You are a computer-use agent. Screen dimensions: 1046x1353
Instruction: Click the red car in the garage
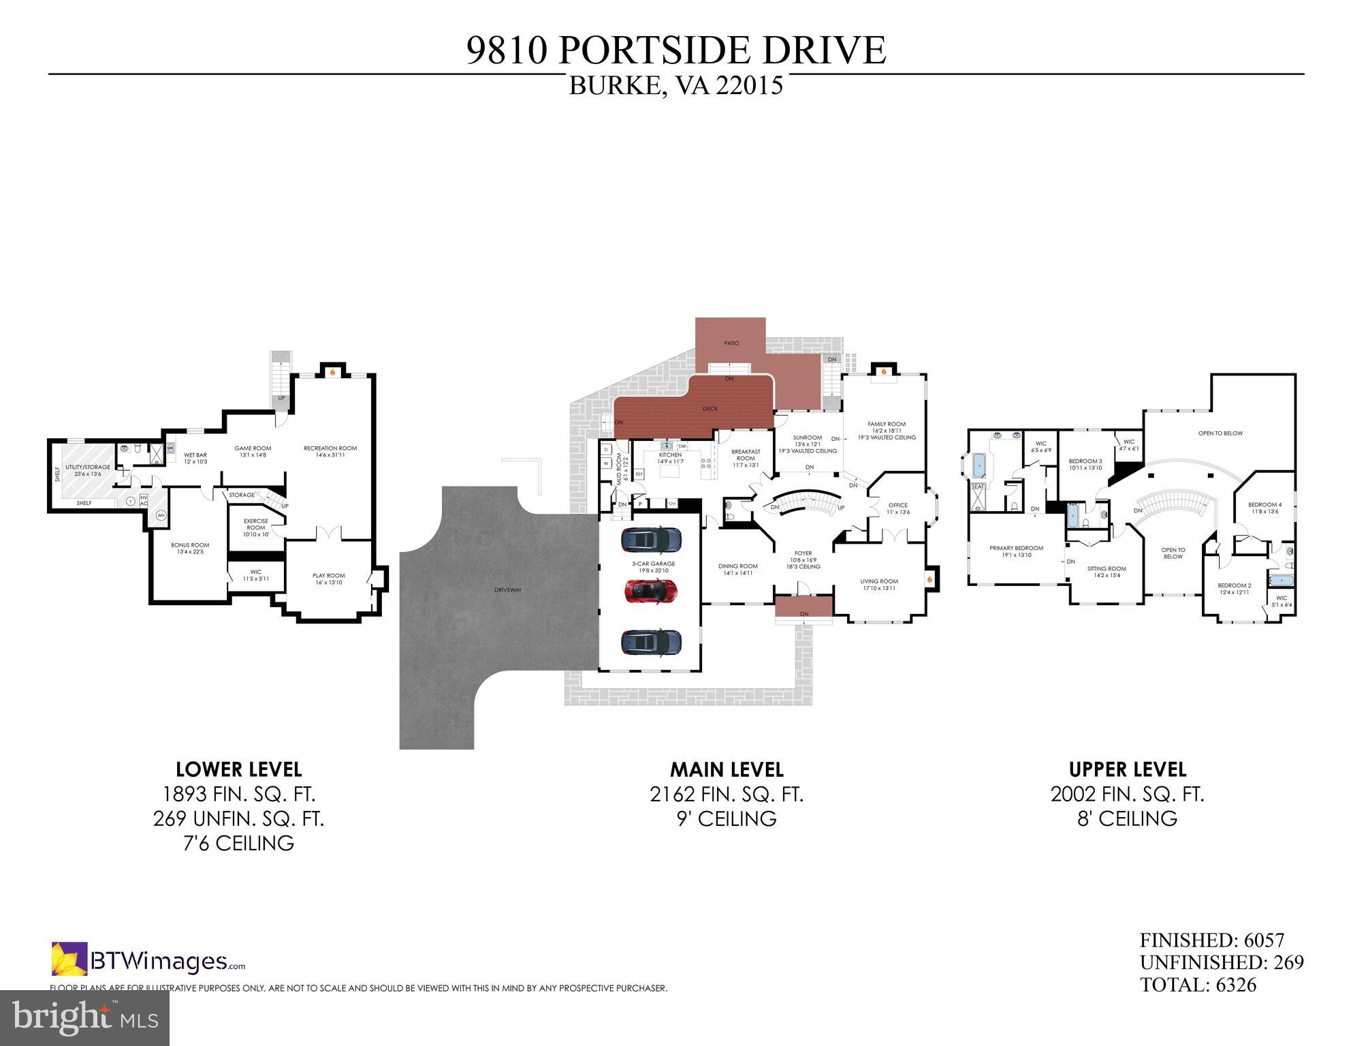coord(650,591)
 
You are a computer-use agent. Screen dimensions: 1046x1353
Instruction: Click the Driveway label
coord(508,589)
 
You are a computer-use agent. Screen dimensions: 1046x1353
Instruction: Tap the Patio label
coord(731,343)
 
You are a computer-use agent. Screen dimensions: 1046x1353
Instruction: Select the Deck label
coord(710,409)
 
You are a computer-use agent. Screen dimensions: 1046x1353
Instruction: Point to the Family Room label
coord(887,424)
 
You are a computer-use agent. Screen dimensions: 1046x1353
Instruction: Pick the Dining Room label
coord(738,566)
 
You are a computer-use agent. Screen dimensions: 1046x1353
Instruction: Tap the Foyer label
coord(803,553)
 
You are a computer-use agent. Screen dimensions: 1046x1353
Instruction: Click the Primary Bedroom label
coord(1016,548)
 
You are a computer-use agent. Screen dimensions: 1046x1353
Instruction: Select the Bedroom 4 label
coord(1264,505)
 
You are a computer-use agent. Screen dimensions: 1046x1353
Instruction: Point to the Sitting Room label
coord(1107,568)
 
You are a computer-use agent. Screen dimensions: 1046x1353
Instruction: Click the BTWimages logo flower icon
coord(69,959)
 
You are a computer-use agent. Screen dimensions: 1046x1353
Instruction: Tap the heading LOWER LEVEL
coord(238,769)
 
